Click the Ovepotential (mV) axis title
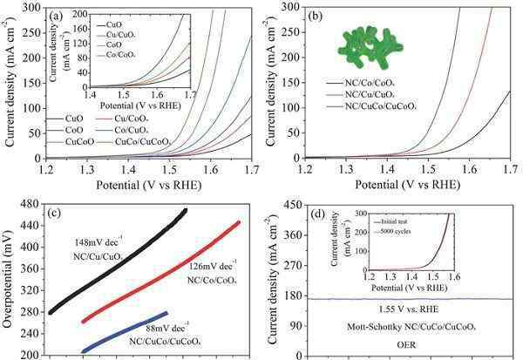(x=9, y=279)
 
